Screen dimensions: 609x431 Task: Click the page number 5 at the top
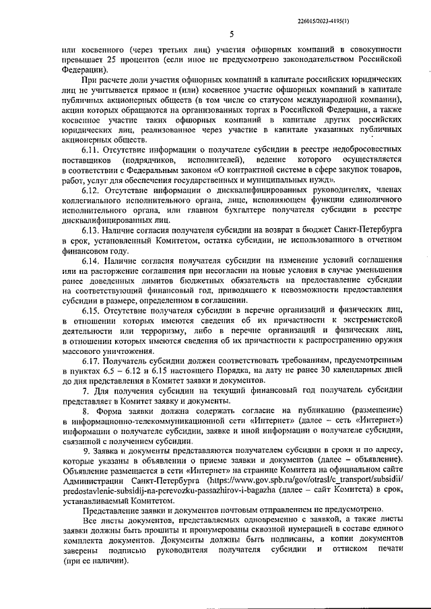[231, 34]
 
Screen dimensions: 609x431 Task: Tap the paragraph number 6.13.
[94, 229]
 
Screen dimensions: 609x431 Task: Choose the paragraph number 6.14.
[94, 260]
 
